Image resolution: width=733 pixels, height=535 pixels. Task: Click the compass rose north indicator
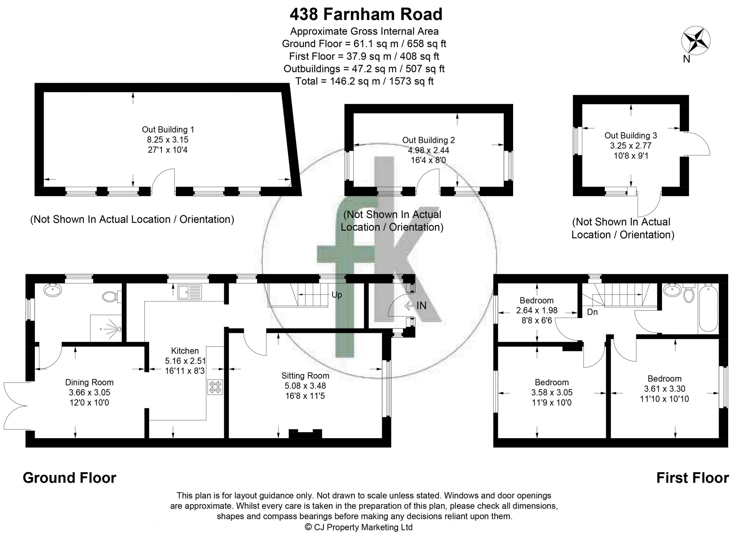(x=695, y=41)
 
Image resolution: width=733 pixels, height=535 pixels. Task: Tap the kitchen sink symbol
(x=190, y=292)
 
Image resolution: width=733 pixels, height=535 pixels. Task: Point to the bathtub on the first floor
(x=708, y=308)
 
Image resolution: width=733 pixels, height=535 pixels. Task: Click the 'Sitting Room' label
(x=305, y=376)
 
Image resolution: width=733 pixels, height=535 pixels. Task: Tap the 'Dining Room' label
(x=89, y=382)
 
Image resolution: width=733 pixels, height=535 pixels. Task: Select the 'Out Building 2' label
(x=428, y=140)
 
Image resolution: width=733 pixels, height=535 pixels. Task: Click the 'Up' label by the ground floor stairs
(x=336, y=295)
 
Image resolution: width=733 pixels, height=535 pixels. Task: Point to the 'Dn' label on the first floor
(x=592, y=312)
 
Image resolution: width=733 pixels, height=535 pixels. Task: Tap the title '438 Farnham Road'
(x=366, y=14)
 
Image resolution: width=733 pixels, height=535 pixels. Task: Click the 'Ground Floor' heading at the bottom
(x=70, y=478)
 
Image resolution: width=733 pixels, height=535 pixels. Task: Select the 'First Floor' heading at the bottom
(x=693, y=478)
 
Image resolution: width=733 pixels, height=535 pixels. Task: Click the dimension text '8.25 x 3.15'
(x=168, y=140)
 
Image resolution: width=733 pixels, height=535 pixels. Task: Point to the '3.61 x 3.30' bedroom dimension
(x=664, y=389)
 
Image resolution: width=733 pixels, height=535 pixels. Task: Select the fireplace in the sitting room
(x=305, y=434)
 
